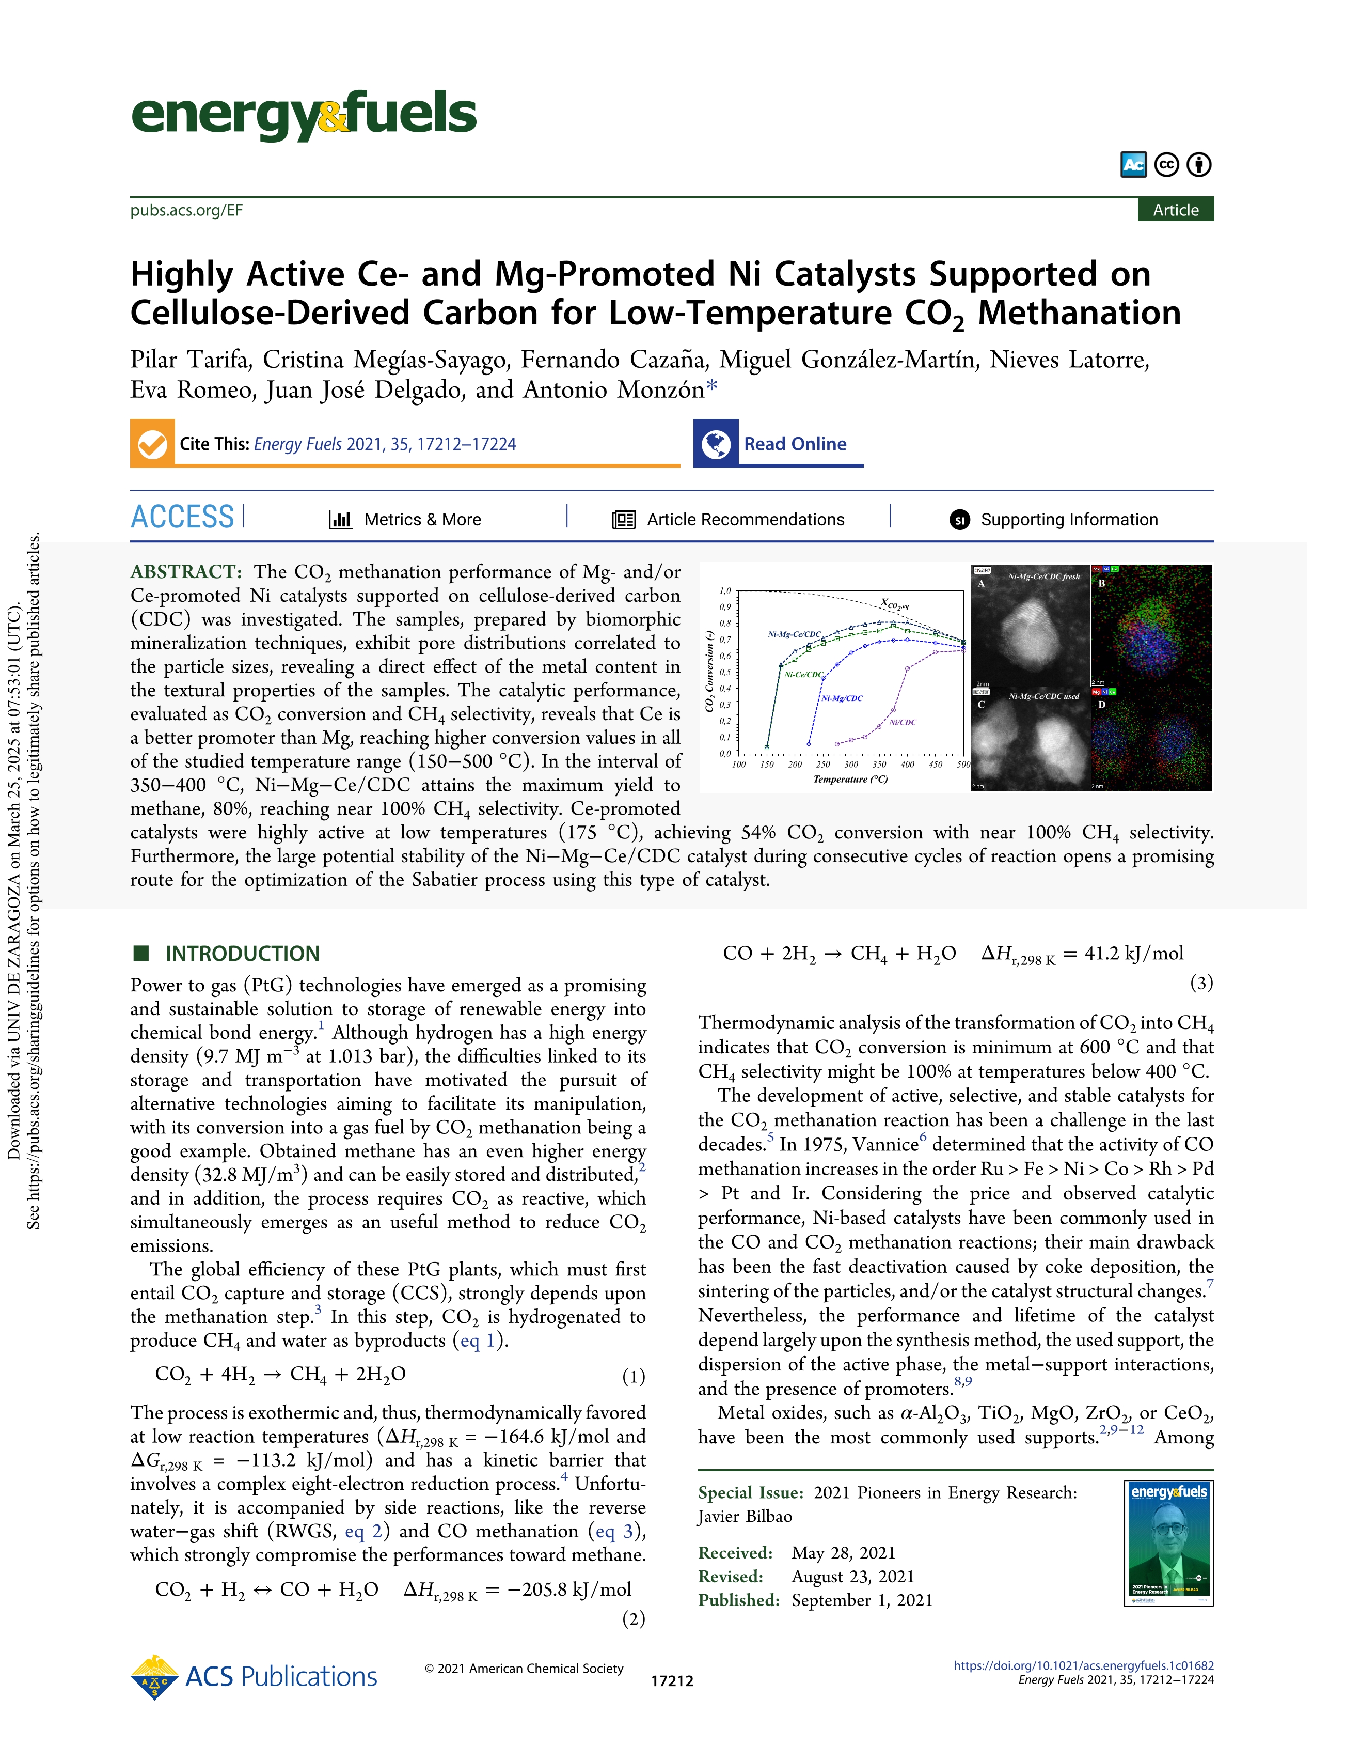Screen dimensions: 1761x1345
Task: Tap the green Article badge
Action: click(x=1175, y=210)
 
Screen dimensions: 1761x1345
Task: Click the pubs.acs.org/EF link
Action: click(x=186, y=211)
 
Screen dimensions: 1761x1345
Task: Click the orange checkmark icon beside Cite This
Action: click(x=152, y=444)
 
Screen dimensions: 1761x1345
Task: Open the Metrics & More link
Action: click(x=422, y=520)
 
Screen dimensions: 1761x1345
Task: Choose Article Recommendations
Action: click(x=745, y=520)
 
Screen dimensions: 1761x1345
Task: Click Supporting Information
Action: click(x=1069, y=520)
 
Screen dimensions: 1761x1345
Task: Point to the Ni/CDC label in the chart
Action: click(x=903, y=722)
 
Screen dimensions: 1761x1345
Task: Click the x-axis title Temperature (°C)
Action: click(x=850, y=779)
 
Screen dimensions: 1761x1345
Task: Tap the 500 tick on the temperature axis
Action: click(x=963, y=765)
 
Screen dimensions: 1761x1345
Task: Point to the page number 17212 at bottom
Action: click(x=672, y=1681)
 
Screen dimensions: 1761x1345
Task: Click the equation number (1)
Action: click(x=634, y=1377)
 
